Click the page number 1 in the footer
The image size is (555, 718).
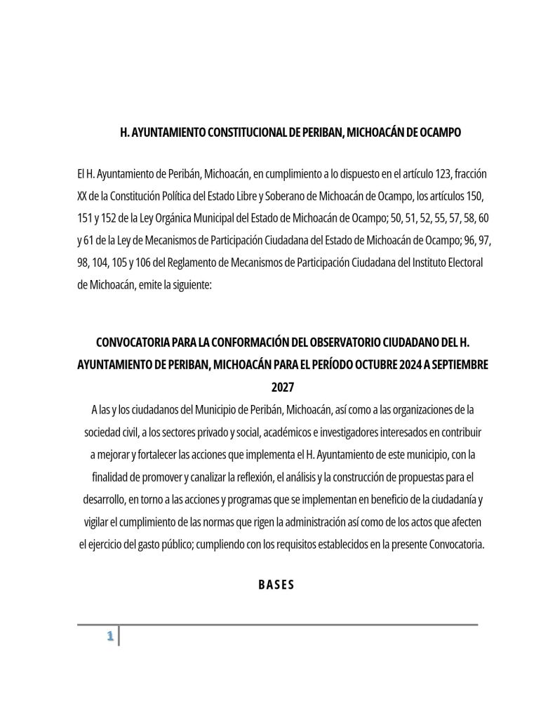(x=109, y=637)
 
